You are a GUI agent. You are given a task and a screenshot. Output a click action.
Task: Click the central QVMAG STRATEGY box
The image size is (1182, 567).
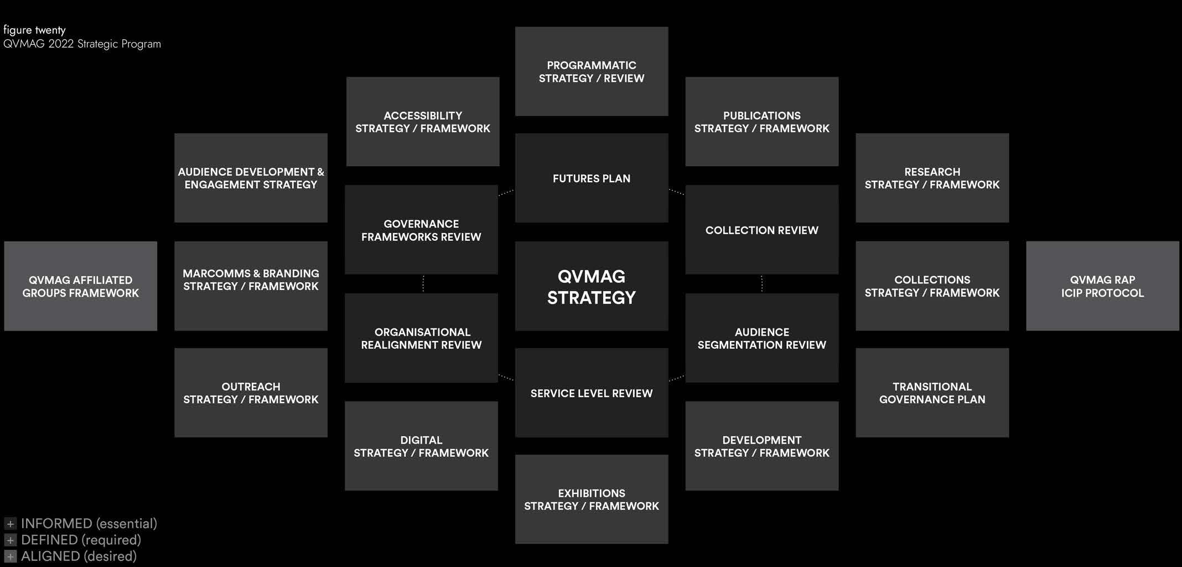592,286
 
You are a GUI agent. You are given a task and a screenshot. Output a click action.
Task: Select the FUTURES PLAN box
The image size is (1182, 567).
592,178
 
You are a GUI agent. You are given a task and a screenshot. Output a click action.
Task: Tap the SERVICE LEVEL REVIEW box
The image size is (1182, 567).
592,393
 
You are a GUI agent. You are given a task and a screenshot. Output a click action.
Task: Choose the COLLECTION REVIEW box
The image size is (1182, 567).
761,230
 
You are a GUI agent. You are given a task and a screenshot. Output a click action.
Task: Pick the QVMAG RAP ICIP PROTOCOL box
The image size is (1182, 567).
1102,286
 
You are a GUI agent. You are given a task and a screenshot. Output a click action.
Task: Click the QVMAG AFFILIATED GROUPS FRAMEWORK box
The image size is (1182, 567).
81,286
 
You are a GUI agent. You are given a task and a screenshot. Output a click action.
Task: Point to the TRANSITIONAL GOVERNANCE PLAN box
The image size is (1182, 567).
932,393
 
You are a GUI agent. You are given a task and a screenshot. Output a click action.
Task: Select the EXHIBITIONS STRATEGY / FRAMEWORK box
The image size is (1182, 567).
592,499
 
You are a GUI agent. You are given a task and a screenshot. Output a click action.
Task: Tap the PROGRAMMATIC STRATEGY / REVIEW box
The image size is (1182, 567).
592,71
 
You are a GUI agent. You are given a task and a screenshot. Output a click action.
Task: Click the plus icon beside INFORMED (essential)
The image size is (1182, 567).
10,524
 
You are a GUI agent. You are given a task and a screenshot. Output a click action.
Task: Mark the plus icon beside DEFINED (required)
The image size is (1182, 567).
10,540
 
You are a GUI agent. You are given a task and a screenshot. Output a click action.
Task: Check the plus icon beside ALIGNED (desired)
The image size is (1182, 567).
10,556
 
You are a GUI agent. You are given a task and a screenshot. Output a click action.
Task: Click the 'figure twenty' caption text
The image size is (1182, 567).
34,30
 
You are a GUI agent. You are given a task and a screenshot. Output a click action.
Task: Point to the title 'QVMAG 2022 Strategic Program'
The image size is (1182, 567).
82,44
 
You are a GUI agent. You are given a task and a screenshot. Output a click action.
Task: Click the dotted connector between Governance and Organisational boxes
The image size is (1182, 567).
423,283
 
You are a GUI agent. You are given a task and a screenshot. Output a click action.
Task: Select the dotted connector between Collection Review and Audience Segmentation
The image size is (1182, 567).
762,283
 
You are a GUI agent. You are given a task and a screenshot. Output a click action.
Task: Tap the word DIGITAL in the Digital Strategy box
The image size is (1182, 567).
421,440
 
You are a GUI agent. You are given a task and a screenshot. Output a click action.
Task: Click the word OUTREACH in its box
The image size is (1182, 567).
251,386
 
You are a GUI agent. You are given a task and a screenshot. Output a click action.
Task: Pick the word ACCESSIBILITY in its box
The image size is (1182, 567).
423,116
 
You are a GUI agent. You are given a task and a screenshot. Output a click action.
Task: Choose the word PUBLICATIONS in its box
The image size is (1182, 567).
761,116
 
